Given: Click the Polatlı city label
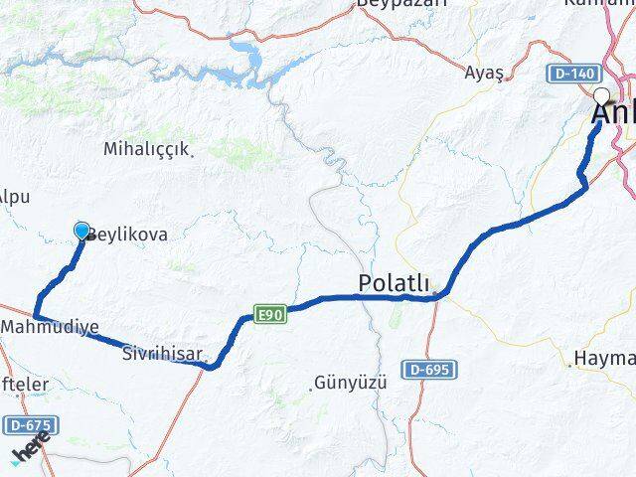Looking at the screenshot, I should (394, 285).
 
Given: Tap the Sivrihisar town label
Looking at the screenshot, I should (163, 353).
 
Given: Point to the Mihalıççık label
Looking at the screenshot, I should (145, 149).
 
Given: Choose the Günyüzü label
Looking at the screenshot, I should (349, 382).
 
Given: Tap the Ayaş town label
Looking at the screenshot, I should (484, 72).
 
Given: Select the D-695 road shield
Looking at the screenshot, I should (428, 370).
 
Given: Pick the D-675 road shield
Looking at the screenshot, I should (29, 425).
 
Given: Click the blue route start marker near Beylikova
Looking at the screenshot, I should (81, 231).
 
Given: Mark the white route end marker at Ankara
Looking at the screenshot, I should (601, 96).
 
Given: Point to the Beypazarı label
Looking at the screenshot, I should (402, 3).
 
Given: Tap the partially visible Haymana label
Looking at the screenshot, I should (604, 358).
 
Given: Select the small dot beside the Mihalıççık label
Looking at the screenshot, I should (191, 151).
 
